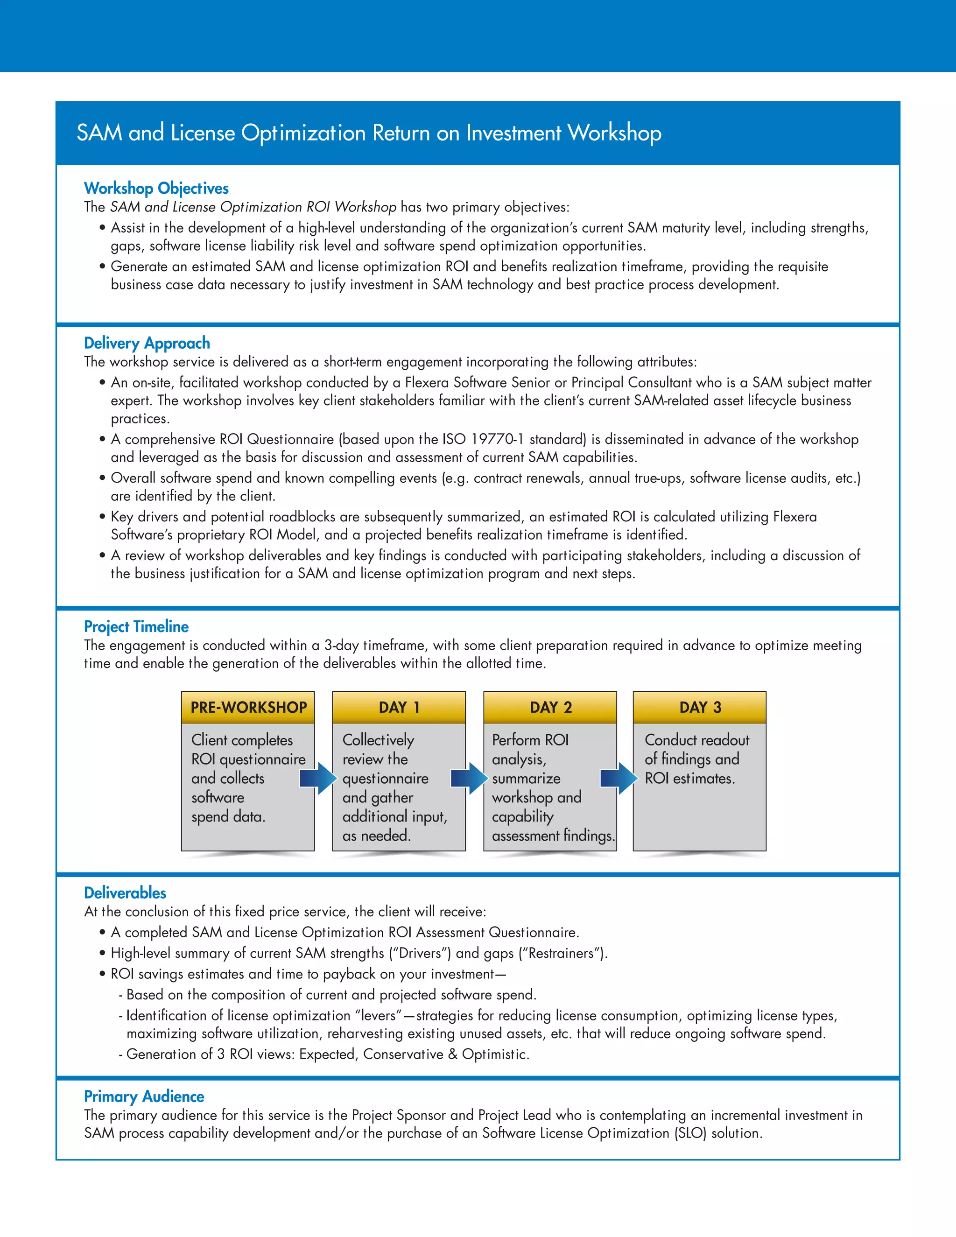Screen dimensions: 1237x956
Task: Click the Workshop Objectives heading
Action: coord(156,188)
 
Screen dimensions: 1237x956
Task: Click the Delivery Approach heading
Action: coord(147,343)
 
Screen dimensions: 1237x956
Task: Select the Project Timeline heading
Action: coord(136,626)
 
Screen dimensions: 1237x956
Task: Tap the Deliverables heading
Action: coord(125,893)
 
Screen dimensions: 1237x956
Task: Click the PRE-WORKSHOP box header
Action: coord(248,707)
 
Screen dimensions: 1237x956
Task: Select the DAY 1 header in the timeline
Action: coord(399,707)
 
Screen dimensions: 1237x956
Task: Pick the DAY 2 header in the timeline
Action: coord(550,707)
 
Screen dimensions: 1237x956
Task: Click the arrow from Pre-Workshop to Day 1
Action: coord(319,778)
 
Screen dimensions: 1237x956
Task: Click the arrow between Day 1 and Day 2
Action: coord(470,778)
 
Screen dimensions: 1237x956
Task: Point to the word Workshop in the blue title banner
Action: coord(614,133)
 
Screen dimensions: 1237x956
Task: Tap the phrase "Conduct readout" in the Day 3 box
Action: coord(696,740)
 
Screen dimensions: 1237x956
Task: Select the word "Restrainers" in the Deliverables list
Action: coord(562,953)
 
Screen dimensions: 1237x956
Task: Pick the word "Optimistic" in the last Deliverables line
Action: coord(494,1054)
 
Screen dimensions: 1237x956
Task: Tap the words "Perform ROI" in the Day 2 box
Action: coord(530,740)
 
